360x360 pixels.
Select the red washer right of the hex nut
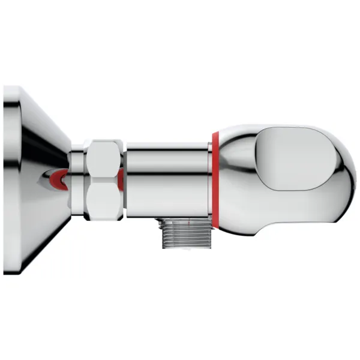click(x=121, y=178)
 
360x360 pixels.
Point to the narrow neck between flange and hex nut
click(x=76, y=178)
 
